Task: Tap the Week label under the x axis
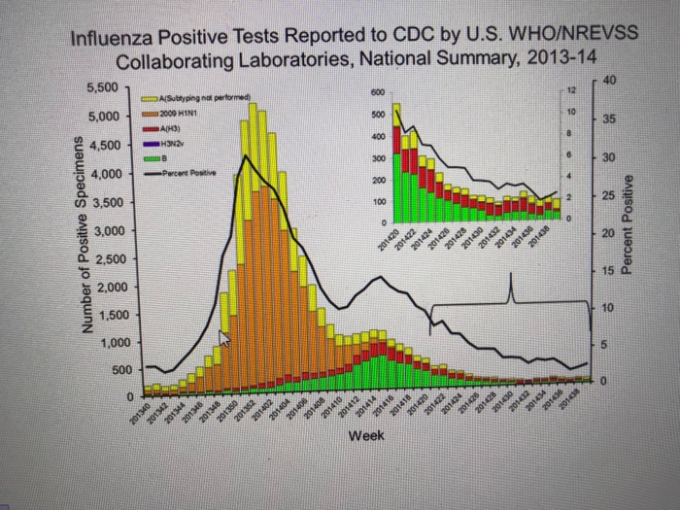coord(365,436)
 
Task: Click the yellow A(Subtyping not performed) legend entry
coord(199,99)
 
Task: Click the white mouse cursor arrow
coord(224,337)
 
